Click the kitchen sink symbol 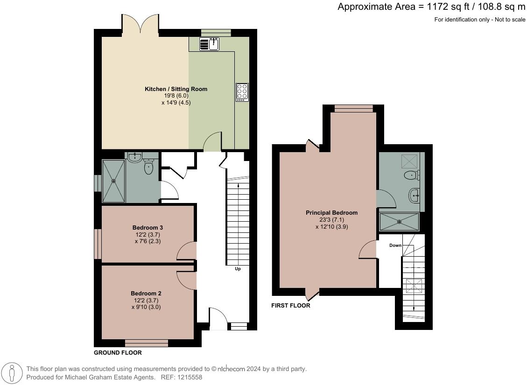tap(210, 44)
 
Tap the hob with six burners tap(242, 91)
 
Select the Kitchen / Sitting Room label tap(176, 89)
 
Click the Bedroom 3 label tap(148, 228)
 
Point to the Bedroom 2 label tap(146, 294)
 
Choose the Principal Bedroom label tap(331, 213)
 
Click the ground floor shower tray tap(114, 181)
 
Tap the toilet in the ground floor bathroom tap(149, 167)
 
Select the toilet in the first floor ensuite tap(411, 175)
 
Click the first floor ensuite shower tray tap(399, 222)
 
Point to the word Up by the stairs tap(238, 269)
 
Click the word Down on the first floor tap(395, 245)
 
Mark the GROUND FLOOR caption tap(118, 353)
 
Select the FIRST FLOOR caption tap(291, 306)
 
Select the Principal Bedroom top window tap(354, 109)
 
